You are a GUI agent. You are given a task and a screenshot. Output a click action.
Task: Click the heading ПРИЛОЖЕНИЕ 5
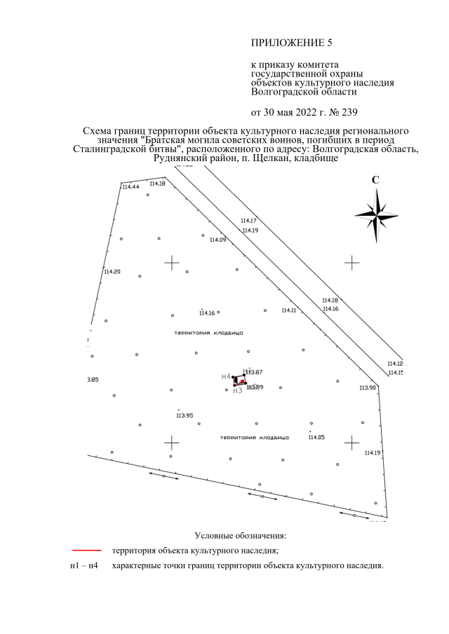(291, 43)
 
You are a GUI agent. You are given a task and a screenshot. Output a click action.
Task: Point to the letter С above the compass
(376, 180)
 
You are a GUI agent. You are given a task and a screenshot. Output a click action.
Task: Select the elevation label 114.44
(131, 187)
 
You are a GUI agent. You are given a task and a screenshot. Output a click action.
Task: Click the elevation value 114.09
(218, 240)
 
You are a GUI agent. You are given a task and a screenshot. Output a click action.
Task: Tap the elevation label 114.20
(112, 272)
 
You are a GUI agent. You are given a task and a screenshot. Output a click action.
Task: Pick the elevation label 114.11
(289, 310)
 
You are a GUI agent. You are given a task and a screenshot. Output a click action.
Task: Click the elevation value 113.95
(185, 415)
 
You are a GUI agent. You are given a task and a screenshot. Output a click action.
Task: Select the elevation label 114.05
(316, 437)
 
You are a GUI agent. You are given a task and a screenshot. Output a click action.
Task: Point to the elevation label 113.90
(368, 387)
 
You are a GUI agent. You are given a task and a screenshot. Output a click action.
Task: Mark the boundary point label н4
(226, 377)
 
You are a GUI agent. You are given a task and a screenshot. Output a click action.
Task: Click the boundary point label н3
(237, 390)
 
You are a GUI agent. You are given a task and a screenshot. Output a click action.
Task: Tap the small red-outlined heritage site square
(240, 380)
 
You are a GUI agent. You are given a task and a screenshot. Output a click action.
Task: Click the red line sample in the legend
(86, 551)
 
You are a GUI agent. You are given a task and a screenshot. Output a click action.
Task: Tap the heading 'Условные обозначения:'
(241, 536)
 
